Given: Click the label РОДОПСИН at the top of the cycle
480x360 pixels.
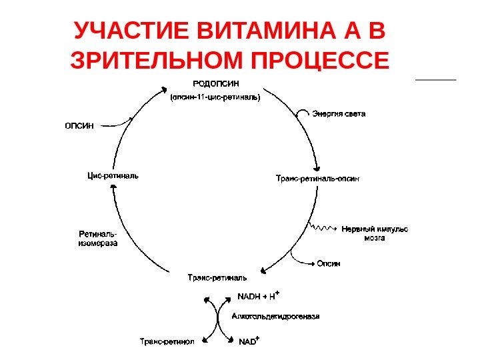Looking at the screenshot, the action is pos(215,83).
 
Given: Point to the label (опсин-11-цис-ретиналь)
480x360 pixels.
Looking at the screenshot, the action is pos(215,97).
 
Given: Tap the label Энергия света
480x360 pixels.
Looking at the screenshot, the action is pos(339,114).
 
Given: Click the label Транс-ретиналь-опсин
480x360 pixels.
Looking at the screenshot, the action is pos(318,178).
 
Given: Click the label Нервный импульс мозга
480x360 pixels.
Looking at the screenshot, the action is pos(375,233).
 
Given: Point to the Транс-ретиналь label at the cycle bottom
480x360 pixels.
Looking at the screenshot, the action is pos(217,277).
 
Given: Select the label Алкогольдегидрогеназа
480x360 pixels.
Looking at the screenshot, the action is pos(275,317).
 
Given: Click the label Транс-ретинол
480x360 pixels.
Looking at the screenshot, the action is pos(167,341).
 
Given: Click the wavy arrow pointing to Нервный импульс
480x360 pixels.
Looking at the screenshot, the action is pos(325,229).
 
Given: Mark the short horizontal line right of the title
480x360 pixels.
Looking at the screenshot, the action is pos(435,80).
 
